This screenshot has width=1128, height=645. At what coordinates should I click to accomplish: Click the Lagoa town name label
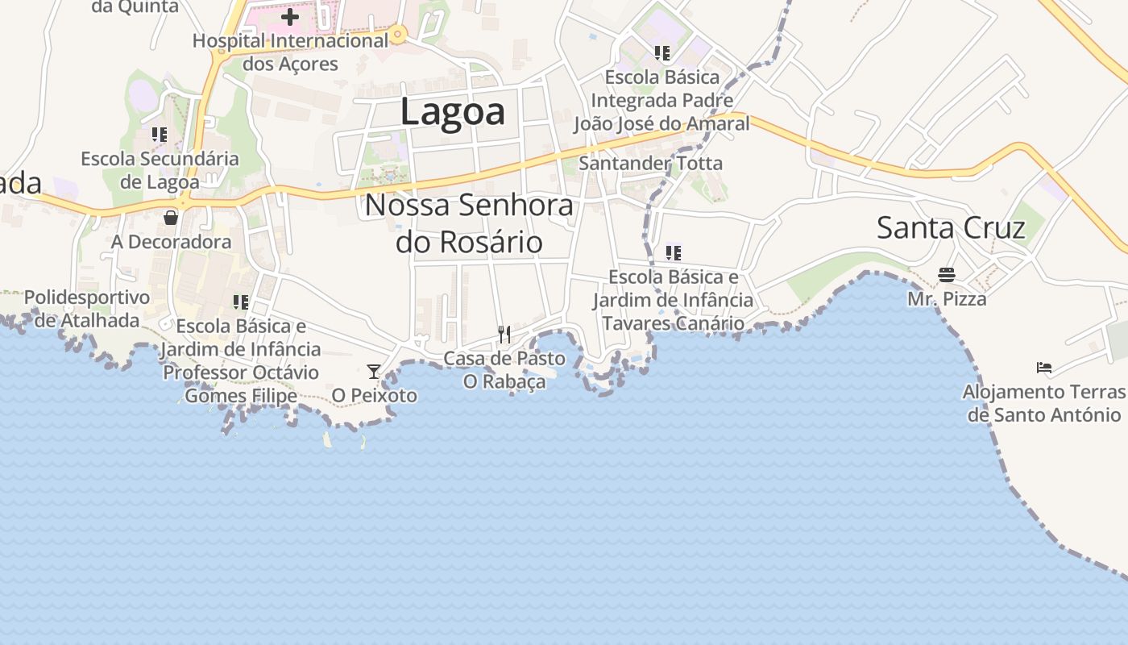pos(453,111)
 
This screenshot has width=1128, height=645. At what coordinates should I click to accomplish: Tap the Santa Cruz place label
pos(951,228)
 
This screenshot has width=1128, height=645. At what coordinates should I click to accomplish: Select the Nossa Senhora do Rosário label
pos(469,223)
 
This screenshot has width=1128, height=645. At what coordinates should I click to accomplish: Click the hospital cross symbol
pos(290,16)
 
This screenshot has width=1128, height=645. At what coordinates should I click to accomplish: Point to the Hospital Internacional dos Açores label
pos(290,52)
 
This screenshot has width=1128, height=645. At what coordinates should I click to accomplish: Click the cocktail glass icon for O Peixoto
pos(374,372)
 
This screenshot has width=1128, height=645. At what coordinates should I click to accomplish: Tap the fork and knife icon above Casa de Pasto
pos(504,334)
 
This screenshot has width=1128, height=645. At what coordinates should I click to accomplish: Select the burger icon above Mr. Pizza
pos(947,275)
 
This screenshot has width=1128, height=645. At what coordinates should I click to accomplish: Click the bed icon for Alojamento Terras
pos(1044,368)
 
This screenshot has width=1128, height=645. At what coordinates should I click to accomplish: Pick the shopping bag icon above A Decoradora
pos(171,217)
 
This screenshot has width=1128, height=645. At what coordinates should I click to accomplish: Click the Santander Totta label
pos(651,164)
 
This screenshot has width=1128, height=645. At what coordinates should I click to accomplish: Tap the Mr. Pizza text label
pos(947,299)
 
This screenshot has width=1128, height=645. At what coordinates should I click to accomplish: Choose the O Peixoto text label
pos(375,395)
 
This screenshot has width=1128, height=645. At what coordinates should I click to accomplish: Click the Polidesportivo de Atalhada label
pos(87,309)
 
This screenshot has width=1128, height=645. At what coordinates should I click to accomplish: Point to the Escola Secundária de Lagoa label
pos(160,170)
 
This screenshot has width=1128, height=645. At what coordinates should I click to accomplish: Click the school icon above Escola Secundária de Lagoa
pos(160,135)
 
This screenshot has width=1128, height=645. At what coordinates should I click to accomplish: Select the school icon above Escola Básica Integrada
pos(662,53)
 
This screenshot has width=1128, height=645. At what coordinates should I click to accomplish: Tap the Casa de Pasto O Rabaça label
pos(504,369)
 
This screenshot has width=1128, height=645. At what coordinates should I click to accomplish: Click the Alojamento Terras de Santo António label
pos(1044,403)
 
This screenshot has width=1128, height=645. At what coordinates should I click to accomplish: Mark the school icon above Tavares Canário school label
pos(674,253)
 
